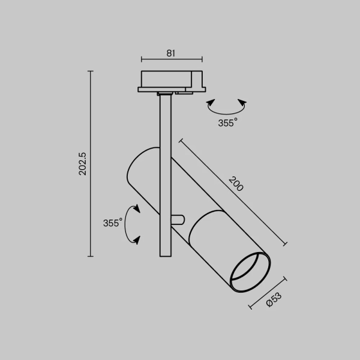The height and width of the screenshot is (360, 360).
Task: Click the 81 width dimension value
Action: click(x=170, y=53)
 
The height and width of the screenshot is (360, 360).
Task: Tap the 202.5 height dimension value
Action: click(x=83, y=164)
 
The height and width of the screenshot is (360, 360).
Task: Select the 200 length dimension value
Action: click(x=236, y=184)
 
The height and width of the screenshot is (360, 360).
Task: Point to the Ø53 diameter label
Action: click(x=274, y=300)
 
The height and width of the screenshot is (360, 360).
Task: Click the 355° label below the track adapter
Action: click(x=227, y=122)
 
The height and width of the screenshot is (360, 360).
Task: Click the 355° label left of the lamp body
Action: click(x=112, y=223)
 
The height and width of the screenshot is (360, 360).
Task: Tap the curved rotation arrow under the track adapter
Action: click(x=226, y=108)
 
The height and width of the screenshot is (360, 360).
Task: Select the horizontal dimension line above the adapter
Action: click(x=170, y=59)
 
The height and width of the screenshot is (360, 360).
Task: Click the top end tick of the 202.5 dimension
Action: click(x=91, y=71)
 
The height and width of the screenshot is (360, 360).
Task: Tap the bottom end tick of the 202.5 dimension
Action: click(x=91, y=256)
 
